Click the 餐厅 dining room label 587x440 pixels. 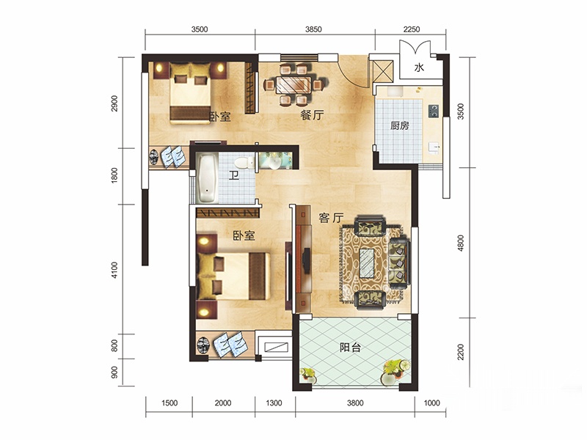pyautogui.click(x=311, y=115)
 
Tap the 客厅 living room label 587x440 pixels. pyautogui.click(x=331, y=218)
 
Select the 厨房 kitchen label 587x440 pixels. pyautogui.click(x=399, y=125)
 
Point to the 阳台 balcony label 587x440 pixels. pyautogui.click(x=350, y=348)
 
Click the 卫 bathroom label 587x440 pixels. pyautogui.click(x=234, y=175)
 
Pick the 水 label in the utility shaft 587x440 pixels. pyautogui.click(x=419, y=67)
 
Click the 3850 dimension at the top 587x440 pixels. pyautogui.click(x=313, y=29)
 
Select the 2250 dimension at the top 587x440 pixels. pyautogui.click(x=411, y=29)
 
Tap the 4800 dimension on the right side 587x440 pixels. pyautogui.click(x=461, y=243)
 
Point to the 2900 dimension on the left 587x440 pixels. pyautogui.click(x=114, y=103)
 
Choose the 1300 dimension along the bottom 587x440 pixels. pyautogui.click(x=274, y=403)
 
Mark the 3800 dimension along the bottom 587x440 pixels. pyautogui.click(x=355, y=403)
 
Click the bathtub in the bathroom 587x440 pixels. pyautogui.click(x=207, y=178)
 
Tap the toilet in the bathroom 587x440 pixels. pyautogui.click(x=244, y=163)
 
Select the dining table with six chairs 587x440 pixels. pyautogui.click(x=294, y=85)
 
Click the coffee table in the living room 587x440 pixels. pyautogui.click(x=367, y=263)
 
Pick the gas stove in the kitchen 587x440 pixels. pyautogui.click(x=434, y=111)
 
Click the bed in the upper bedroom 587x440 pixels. pyautogui.click(x=190, y=93)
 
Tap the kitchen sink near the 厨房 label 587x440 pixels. pyautogui.click(x=434, y=147)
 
